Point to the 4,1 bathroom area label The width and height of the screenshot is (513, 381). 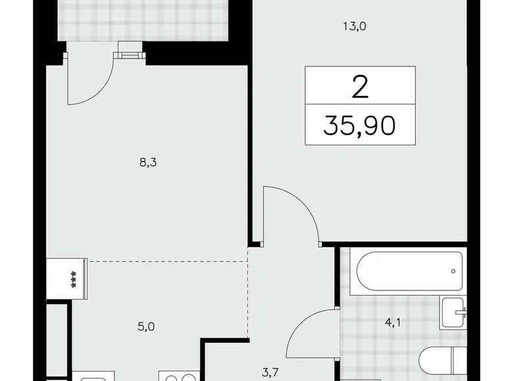click(391, 323)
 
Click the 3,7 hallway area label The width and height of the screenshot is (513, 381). click(269, 372)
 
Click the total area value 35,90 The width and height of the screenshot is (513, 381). click(360, 124)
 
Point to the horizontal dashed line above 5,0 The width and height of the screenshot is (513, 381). click(164, 261)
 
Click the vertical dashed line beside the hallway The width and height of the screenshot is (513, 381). click(248, 296)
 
